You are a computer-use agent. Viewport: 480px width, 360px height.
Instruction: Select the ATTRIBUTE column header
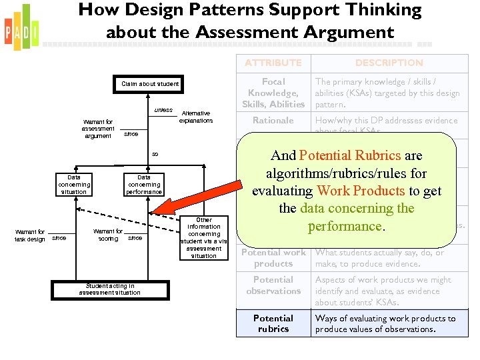pos(273,63)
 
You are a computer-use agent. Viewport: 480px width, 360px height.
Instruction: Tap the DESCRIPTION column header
pos(389,63)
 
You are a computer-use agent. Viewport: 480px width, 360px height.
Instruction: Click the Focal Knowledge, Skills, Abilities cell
pos(273,93)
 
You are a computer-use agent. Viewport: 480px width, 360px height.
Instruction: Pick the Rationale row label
pos(273,121)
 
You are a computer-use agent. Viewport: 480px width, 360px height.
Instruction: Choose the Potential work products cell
pos(273,258)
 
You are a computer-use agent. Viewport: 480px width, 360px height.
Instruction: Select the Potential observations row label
pos(273,285)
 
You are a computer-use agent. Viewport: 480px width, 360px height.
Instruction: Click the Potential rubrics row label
pos(273,323)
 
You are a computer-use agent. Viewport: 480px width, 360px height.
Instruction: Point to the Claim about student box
pos(150,84)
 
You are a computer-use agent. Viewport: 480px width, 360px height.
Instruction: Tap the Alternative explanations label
pos(196,117)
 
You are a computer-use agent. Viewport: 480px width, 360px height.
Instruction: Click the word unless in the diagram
pos(163,110)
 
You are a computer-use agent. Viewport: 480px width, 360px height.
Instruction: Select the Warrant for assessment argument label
pos(98,129)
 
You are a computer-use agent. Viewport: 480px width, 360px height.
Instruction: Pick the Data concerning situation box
pos(73,185)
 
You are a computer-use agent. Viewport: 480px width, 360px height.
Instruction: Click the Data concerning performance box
pos(144,185)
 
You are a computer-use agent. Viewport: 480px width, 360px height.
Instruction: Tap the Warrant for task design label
pos(30,235)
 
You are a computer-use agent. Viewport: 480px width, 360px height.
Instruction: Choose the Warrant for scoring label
pos(108,235)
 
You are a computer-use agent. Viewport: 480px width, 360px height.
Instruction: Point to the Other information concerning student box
pos(204,237)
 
